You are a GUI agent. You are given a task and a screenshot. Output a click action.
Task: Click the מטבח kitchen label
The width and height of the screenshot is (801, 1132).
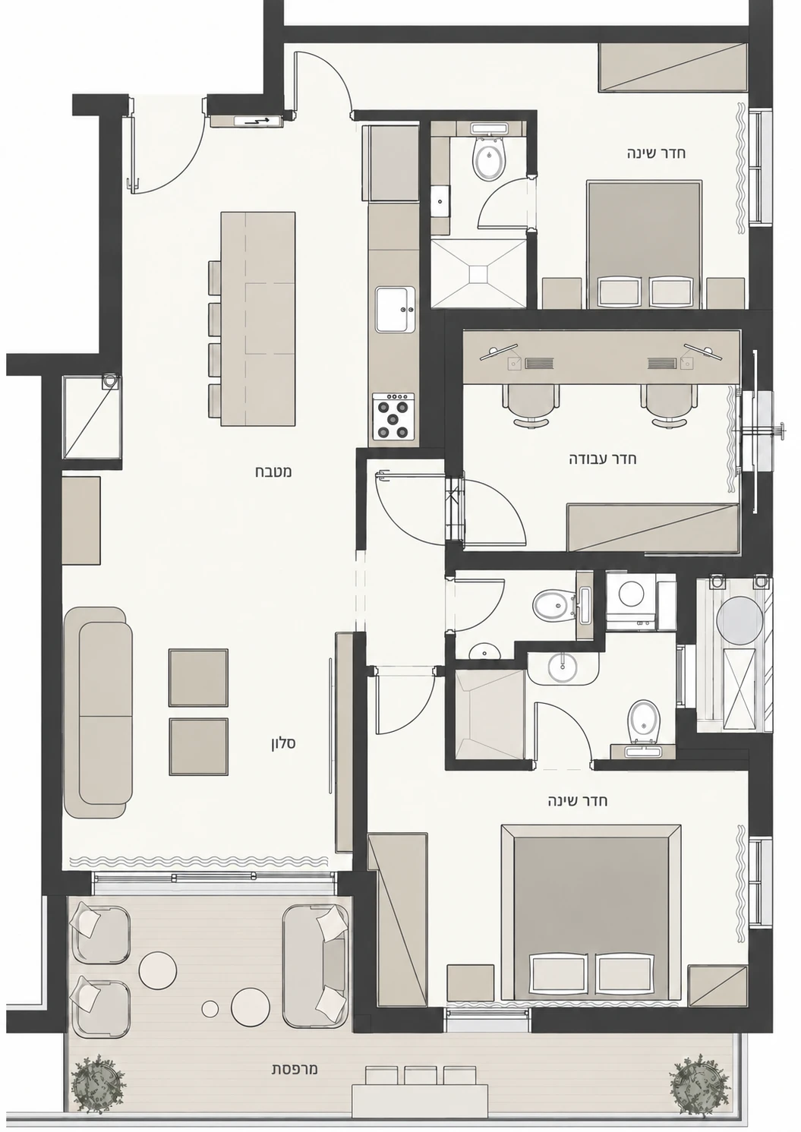273,472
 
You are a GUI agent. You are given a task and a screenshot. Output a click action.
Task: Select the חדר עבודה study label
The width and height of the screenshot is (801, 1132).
603,459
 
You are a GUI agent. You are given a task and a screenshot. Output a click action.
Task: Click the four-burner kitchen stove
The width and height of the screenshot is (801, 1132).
394,415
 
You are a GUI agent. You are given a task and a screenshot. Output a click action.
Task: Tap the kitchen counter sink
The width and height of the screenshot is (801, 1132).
395,309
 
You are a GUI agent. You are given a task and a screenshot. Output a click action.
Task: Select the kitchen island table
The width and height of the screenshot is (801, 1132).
257,319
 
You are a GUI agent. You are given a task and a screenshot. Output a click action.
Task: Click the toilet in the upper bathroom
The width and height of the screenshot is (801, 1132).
488,158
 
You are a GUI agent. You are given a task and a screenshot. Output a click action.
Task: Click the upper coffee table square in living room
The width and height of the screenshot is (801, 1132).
198,677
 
